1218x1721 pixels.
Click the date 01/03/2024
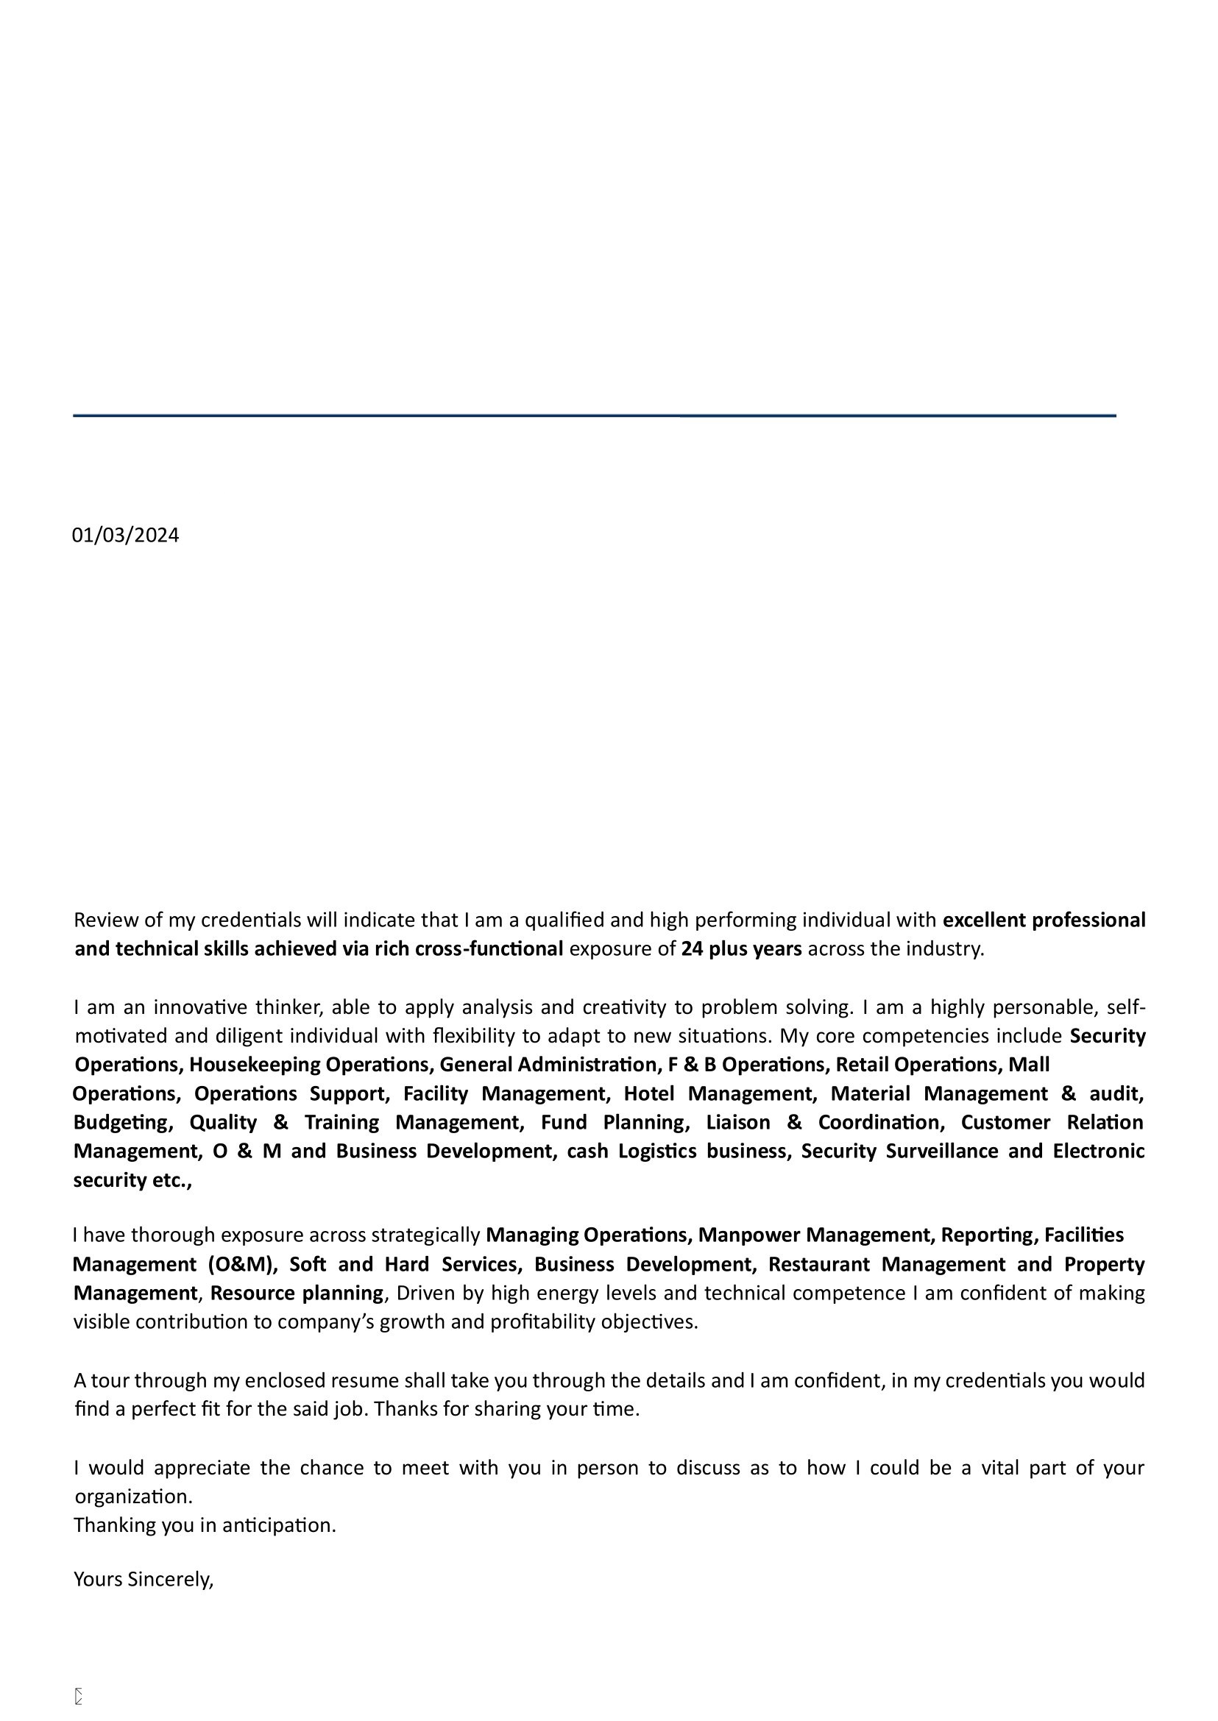[125, 536]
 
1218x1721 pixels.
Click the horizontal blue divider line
[594, 415]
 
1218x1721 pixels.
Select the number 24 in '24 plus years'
[692, 949]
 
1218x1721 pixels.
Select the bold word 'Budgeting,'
[124, 1123]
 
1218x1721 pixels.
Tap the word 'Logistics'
[657, 1151]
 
